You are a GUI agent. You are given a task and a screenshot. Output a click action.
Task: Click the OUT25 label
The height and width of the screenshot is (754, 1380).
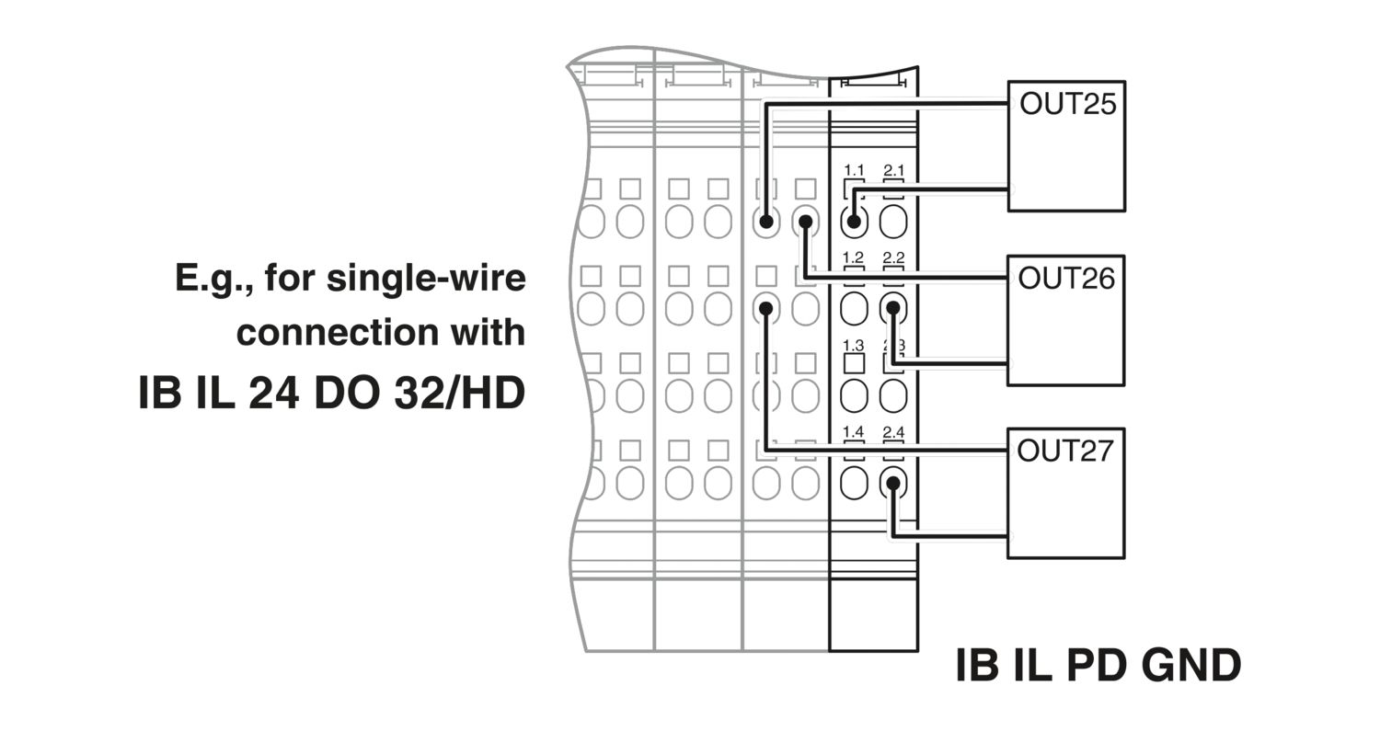pyautogui.click(x=1067, y=104)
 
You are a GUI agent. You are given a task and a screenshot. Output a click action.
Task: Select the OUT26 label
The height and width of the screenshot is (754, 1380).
pyautogui.click(x=1066, y=278)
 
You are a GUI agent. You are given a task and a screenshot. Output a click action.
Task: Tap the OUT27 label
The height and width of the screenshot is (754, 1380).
pyautogui.click(x=1064, y=451)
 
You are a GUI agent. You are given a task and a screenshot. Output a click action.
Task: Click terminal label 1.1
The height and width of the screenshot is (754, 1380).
pyautogui.click(x=854, y=171)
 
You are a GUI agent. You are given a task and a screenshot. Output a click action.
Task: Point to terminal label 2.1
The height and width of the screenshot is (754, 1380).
pyautogui.click(x=893, y=171)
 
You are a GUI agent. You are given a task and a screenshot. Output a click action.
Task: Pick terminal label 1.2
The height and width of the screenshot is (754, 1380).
pyautogui.click(x=854, y=258)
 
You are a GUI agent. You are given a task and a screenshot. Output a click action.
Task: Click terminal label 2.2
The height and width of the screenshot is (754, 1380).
pyautogui.click(x=893, y=258)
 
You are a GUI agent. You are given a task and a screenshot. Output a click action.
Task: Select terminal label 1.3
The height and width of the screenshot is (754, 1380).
pyautogui.click(x=854, y=346)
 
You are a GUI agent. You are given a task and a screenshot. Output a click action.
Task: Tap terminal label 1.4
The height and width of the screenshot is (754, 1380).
pyautogui.click(x=854, y=432)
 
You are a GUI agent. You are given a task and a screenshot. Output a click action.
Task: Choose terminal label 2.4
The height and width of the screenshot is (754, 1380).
pyautogui.click(x=893, y=432)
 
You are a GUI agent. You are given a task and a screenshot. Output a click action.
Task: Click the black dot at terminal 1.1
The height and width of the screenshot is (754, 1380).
pyautogui.click(x=855, y=222)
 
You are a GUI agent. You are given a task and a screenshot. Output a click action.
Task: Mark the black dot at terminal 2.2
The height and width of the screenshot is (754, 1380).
pyautogui.click(x=892, y=308)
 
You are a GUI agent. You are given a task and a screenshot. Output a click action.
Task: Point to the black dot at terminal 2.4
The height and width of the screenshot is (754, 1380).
pyautogui.click(x=892, y=483)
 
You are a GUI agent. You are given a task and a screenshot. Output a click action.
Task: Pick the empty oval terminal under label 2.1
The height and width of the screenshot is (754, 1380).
pyautogui.click(x=893, y=222)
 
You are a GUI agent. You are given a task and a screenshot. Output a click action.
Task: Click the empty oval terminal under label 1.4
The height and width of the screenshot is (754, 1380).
pyautogui.click(x=854, y=483)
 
